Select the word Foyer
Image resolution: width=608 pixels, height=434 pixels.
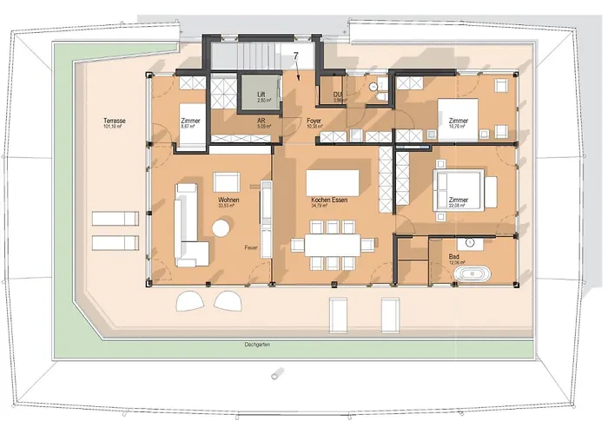[x=314, y=121]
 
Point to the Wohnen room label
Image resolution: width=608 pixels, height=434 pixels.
[x=228, y=201]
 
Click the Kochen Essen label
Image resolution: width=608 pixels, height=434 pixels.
[x=329, y=201]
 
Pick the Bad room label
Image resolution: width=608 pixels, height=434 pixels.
[x=454, y=258]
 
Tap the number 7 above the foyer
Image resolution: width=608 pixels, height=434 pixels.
[x=296, y=56]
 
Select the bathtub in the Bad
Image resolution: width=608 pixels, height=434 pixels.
[x=473, y=274]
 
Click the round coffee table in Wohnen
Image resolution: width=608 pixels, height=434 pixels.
[x=222, y=227]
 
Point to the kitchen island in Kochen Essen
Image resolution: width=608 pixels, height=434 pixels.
[x=334, y=181]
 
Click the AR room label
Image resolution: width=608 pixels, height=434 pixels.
[x=261, y=122]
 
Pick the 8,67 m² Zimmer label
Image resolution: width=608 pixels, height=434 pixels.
[x=190, y=121]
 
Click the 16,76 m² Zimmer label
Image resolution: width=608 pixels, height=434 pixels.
[x=458, y=121]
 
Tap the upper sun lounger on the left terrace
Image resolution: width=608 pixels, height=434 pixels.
[x=115, y=217]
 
